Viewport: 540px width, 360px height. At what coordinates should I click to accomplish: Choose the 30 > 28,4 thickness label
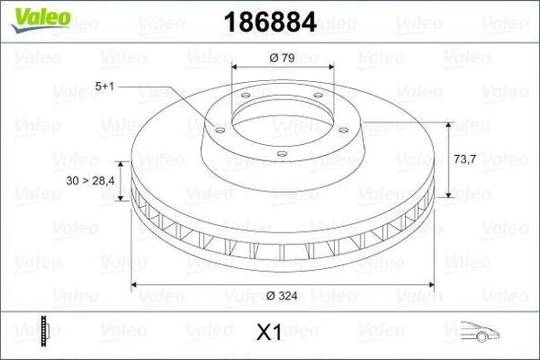(x=90, y=180)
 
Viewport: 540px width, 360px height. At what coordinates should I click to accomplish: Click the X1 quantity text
(x=267, y=333)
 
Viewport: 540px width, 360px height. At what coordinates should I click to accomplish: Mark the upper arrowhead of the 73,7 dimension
(x=448, y=125)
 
